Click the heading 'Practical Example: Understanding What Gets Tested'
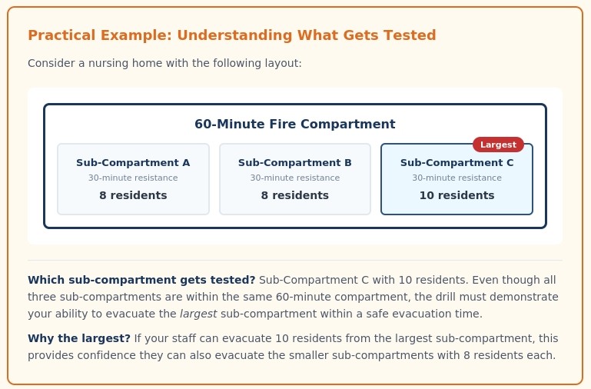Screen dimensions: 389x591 pyautogui.click(x=231, y=35)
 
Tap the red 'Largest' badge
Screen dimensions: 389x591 pyautogui.click(x=498, y=144)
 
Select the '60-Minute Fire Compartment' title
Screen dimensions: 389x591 pyautogui.click(x=294, y=124)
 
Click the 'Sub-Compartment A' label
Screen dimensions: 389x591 pyautogui.click(x=133, y=163)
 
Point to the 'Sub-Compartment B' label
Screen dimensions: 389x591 pyautogui.click(x=295, y=163)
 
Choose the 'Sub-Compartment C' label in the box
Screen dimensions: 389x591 pyautogui.click(x=457, y=163)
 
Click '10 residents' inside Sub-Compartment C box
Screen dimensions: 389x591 pyautogui.click(x=457, y=195)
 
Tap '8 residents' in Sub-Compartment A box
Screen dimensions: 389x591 pyautogui.click(x=133, y=195)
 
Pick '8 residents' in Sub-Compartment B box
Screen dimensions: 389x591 pyautogui.click(x=295, y=195)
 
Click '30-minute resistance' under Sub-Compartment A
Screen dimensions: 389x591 pyautogui.click(x=133, y=178)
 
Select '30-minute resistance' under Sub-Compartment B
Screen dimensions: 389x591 pyautogui.click(x=295, y=178)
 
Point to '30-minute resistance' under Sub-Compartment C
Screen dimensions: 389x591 pyautogui.click(x=457, y=178)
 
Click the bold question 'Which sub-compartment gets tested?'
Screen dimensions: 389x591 pyautogui.click(x=141, y=280)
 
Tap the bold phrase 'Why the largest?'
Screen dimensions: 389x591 pyautogui.click(x=79, y=338)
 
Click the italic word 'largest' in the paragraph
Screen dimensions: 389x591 pyautogui.click(x=198, y=314)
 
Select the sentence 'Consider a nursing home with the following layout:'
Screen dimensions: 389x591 pyautogui.click(x=164, y=63)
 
